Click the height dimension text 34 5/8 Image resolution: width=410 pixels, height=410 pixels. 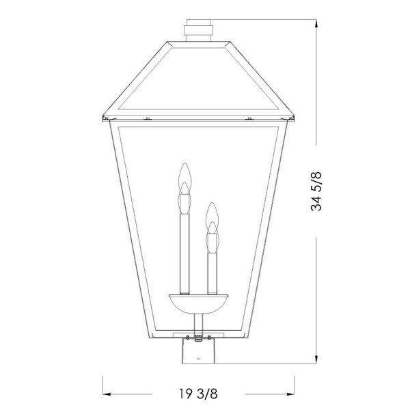click(x=316, y=191)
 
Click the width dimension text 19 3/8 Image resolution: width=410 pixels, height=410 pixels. click(x=198, y=394)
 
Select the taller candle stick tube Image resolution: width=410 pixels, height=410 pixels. click(x=184, y=254)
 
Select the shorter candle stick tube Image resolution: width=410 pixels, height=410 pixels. click(x=212, y=273)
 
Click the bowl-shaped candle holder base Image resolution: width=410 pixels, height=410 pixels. click(x=198, y=304)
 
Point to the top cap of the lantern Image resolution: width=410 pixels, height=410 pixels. click(x=198, y=30)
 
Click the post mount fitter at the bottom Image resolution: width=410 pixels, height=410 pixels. click(x=198, y=351)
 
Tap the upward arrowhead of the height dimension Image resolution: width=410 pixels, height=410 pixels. click(x=316, y=24)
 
